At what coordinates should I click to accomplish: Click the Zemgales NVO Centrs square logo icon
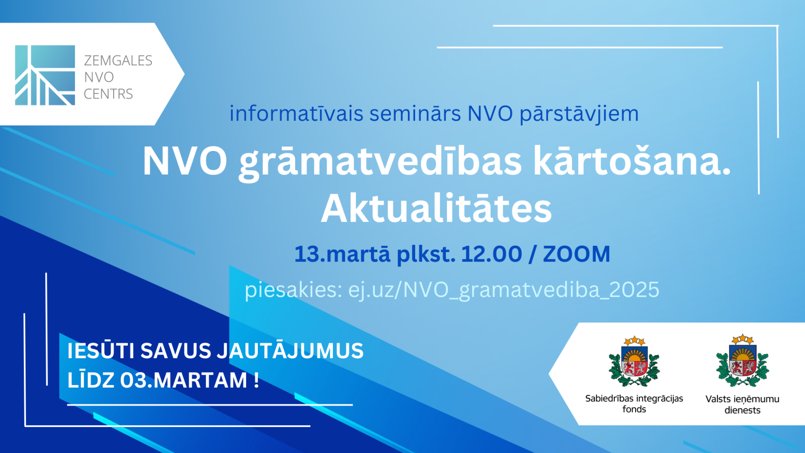point(45,75)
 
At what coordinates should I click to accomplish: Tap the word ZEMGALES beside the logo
point(118,61)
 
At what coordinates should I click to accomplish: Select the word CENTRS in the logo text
point(108,94)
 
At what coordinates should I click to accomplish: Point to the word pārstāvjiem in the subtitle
point(579,114)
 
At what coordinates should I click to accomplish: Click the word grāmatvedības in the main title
point(380,162)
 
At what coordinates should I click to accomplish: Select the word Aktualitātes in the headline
point(436,208)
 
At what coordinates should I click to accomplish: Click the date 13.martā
point(342,254)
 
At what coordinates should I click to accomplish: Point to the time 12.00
point(491,254)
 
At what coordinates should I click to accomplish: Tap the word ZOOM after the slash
point(576,254)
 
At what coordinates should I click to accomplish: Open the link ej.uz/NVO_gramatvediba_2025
point(504,291)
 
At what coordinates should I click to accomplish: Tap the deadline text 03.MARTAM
point(184,380)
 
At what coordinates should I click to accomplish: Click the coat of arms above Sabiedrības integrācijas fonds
point(634,361)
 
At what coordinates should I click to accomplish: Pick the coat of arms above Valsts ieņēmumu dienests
point(742,361)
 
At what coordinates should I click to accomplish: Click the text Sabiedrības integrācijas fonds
point(634,404)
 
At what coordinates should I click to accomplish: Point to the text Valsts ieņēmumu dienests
point(742,405)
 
